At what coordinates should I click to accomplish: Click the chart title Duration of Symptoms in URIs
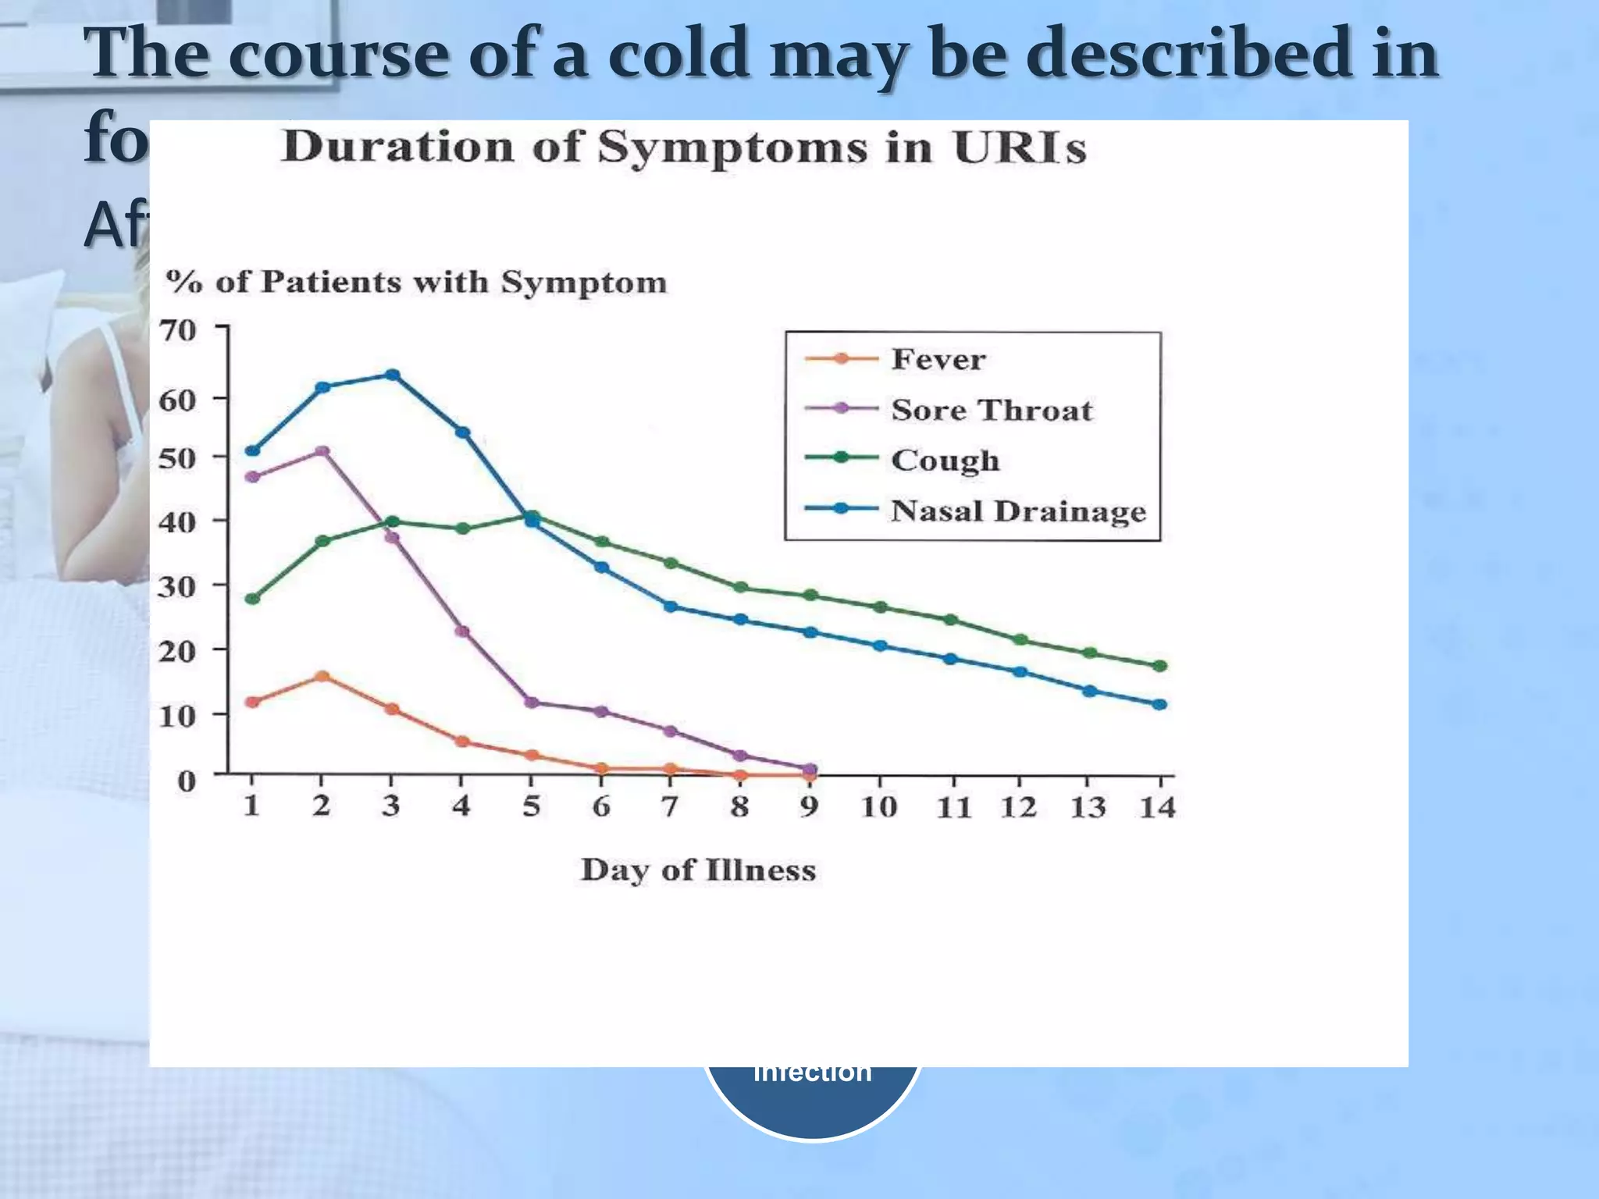(684, 147)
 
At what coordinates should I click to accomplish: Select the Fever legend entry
(938, 359)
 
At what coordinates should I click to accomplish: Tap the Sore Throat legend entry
(992, 410)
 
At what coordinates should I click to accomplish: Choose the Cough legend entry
(945, 460)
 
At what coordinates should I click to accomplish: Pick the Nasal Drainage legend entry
(1018, 511)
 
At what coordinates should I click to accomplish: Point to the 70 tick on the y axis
(178, 331)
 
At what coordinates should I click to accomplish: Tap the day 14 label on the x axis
(1157, 807)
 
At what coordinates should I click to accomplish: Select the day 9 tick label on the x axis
(809, 806)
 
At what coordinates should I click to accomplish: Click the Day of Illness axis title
(698, 870)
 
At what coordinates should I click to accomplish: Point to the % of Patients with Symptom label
(416, 282)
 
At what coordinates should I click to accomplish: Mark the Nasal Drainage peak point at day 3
(393, 375)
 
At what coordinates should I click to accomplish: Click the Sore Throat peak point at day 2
(322, 452)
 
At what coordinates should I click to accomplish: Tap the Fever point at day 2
(322, 676)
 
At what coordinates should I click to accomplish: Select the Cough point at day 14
(1159, 666)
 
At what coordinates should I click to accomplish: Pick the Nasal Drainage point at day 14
(1159, 704)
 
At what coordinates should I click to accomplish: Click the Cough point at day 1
(252, 599)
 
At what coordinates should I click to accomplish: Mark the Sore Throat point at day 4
(462, 632)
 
